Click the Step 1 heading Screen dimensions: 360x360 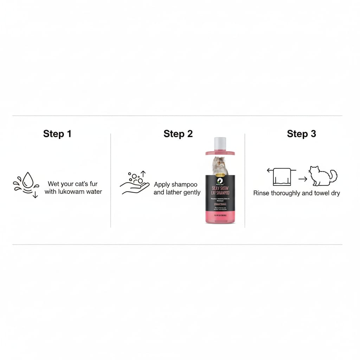point(57,134)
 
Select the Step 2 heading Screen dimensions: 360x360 point(178,134)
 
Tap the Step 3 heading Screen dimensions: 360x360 point(301,134)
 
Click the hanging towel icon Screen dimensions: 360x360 point(282,177)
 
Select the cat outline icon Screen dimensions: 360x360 point(323,176)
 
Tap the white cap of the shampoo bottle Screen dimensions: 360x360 point(220,143)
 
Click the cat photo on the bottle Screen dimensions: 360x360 point(220,166)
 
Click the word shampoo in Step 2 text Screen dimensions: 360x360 point(186,185)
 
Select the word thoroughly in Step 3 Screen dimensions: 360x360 point(287,193)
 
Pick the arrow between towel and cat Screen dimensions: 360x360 point(303,179)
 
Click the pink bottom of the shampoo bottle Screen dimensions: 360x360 point(220,216)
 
